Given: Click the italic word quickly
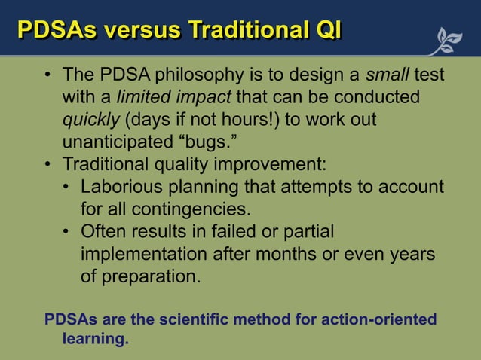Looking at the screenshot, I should (91, 121).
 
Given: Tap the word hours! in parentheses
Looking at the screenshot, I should (276, 121).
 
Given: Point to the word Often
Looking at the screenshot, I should (104, 231).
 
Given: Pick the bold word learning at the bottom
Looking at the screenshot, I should (94, 339).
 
